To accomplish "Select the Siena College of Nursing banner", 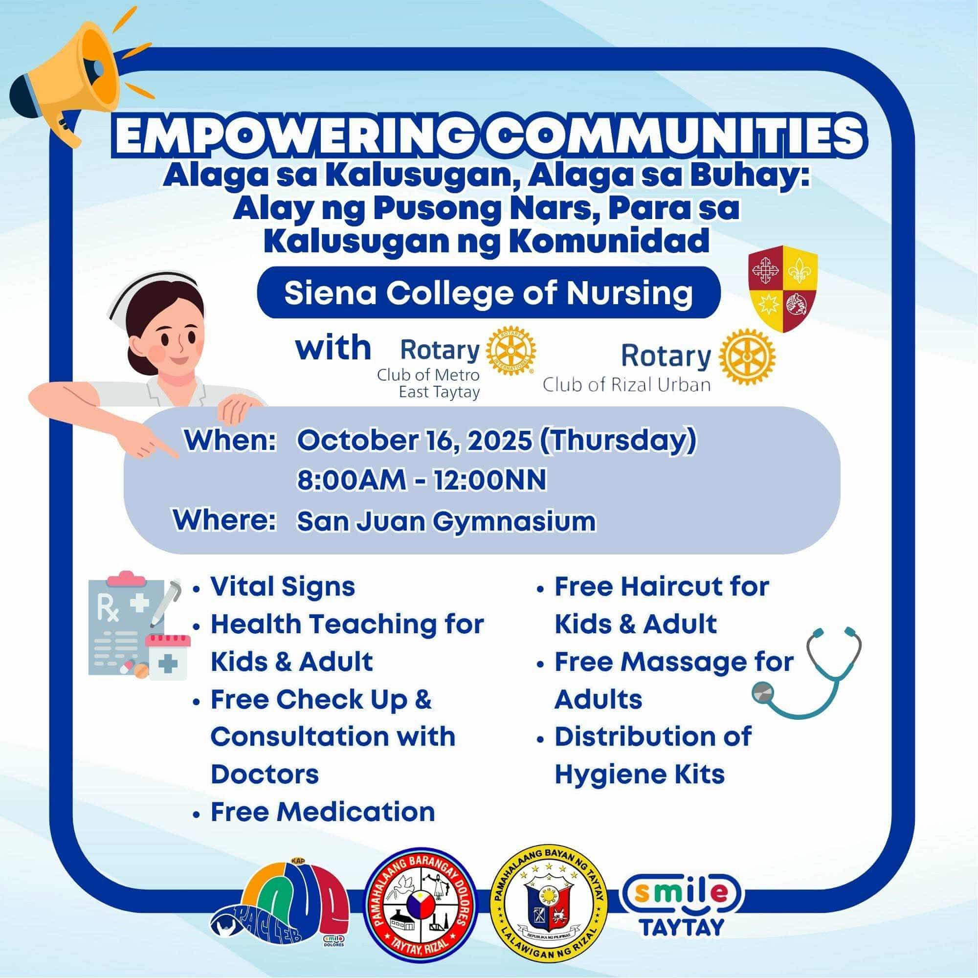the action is [x=489, y=292].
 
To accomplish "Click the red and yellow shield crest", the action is [x=782, y=289].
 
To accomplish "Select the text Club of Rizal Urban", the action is [x=627, y=385].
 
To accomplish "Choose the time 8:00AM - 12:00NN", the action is [x=422, y=480].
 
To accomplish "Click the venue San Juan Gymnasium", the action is [x=446, y=521].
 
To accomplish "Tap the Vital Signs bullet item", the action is [x=283, y=587].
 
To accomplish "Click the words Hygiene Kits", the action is [x=640, y=775].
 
